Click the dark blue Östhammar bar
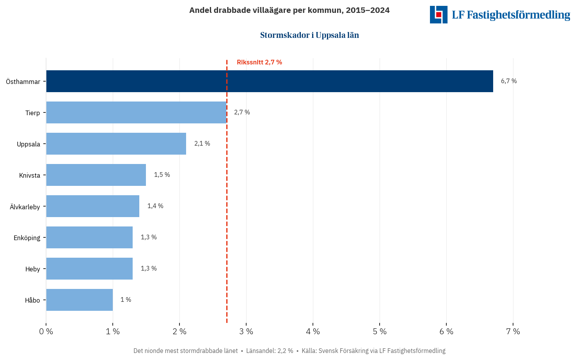point(269,81)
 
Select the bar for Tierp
point(136,112)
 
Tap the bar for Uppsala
point(116,144)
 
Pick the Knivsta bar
point(96,175)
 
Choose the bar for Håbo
point(79,300)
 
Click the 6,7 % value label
point(509,81)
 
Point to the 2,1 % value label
point(202,144)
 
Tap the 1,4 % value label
point(155,206)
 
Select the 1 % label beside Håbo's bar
point(126,300)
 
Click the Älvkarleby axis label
point(25,207)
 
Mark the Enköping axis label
point(27,238)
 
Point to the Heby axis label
point(33,269)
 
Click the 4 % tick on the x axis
point(313,331)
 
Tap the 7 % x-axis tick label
point(513,331)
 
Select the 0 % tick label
point(46,331)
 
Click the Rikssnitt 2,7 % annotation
point(259,62)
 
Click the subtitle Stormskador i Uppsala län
point(309,35)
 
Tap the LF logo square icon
point(439,14)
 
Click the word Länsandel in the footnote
point(260,351)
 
